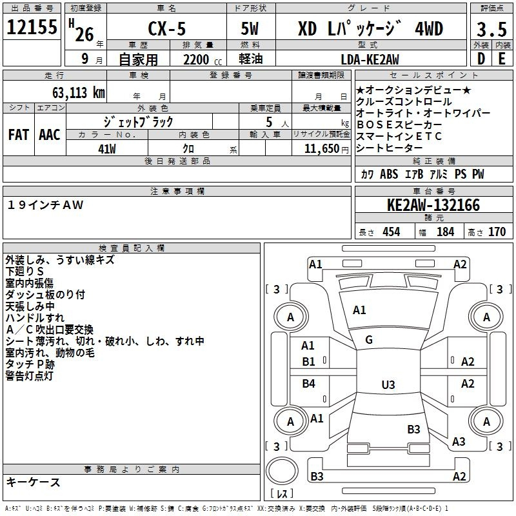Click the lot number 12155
tap(32, 27)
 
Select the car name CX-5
tap(167, 28)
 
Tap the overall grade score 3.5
tap(491, 29)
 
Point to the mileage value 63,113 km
tap(78, 93)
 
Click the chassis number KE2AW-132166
tap(433, 205)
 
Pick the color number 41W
tap(107, 149)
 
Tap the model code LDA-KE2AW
tap(370, 59)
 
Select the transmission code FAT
tap(19, 135)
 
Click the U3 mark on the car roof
tap(388, 384)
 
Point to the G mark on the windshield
tap(369, 340)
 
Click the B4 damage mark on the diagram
tap(308, 383)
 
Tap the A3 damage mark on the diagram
tap(459, 441)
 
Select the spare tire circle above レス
tap(282, 471)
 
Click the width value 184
tap(445, 232)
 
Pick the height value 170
tap(497, 232)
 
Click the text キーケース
tap(34, 482)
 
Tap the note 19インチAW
tap(45, 205)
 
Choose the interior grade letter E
tap(502, 59)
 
